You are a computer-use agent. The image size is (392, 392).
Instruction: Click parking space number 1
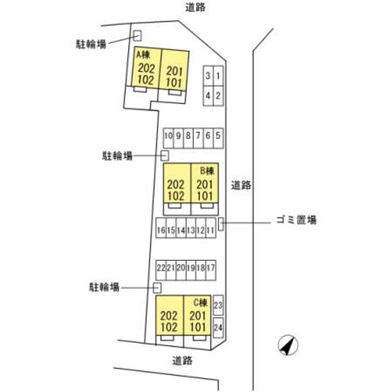(x=218, y=77)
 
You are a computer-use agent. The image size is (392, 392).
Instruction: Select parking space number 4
(x=208, y=96)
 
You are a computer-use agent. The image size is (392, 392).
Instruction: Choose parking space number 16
(x=161, y=230)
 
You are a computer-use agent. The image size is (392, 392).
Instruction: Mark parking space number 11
(x=211, y=230)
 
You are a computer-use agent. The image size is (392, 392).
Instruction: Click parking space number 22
(x=161, y=268)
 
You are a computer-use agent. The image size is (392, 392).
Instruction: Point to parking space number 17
(x=211, y=268)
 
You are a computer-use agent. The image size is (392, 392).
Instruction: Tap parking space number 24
(x=218, y=328)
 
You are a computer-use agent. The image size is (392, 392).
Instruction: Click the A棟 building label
(x=143, y=55)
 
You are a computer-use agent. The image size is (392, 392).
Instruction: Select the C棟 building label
(x=200, y=303)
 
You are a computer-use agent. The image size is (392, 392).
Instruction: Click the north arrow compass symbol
(x=288, y=345)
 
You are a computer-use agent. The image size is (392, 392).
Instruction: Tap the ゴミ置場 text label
(x=294, y=220)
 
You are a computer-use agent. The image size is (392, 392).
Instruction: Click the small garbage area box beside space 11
(x=221, y=223)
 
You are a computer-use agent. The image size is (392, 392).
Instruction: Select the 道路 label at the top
(x=196, y=7)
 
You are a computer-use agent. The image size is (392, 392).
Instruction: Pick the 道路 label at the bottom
(x=182, y=360)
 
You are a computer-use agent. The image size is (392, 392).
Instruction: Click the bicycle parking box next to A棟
(x=137, y=35)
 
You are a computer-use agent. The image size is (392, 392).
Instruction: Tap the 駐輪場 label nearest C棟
(x=104, y=286)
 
